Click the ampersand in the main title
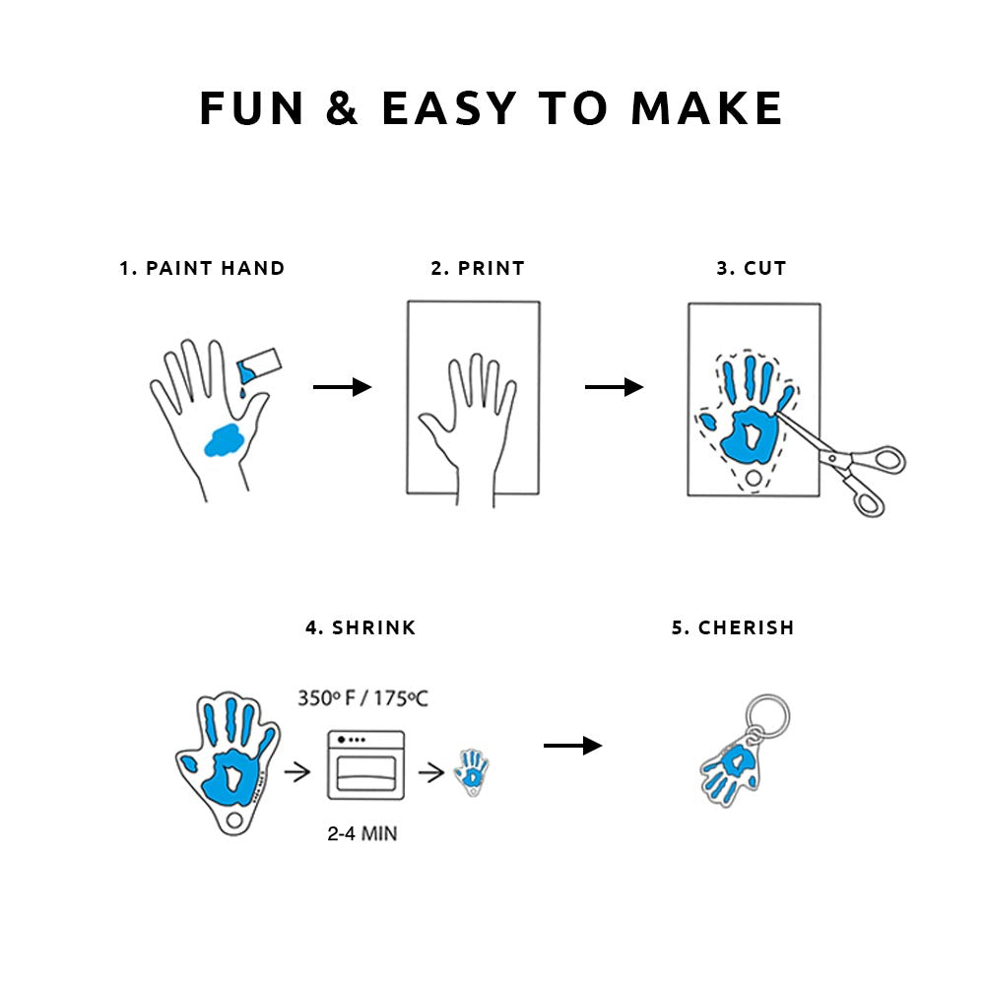point(342,108)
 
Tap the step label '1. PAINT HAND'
point(202,268)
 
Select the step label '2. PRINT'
point(478,268)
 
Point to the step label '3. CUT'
point(752,268)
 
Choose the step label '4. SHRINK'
point(361,627)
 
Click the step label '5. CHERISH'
point(733,627)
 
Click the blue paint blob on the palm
point(226,439)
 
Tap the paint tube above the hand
point(260,366)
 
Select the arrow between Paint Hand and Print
point(342,387)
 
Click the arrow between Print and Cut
point(614,387)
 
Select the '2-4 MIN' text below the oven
point(362,833)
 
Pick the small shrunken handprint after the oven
point(472,772)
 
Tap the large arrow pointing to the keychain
point(572,746)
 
